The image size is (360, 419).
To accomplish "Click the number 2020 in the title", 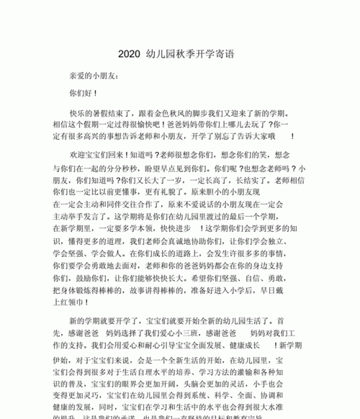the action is point(130,55).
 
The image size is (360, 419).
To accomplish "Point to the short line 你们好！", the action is point(83,94).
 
